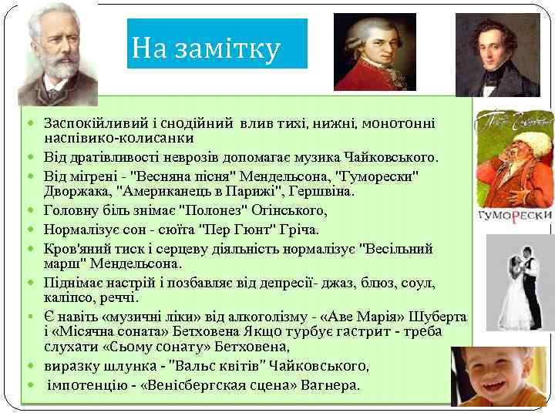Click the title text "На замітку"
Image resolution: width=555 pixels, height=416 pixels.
206,49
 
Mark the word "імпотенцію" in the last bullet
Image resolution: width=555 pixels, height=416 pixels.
84,385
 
